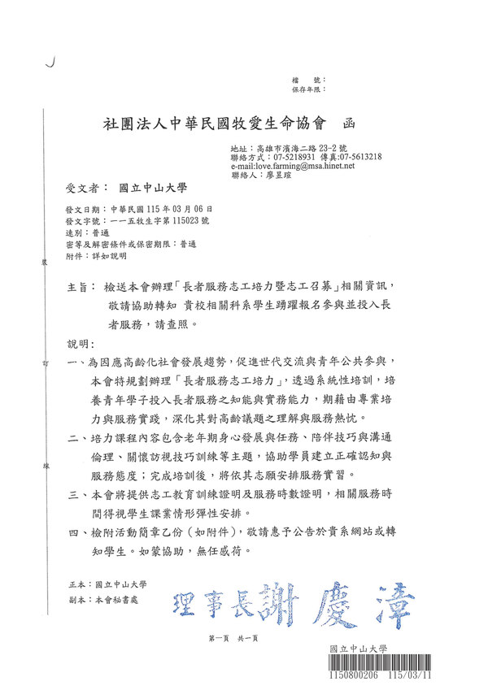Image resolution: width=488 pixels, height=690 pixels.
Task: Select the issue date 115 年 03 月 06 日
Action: coord(168,209)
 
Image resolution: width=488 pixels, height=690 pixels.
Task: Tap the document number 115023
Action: coord(184,220)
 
